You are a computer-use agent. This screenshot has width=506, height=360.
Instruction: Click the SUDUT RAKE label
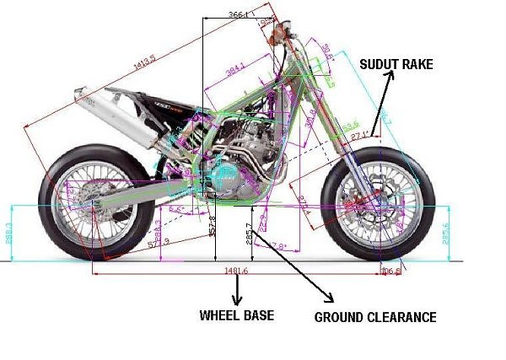[396, 64]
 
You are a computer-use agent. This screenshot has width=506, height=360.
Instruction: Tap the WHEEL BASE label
[236, 316]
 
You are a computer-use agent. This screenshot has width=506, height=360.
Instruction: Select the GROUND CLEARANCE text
[375, 318]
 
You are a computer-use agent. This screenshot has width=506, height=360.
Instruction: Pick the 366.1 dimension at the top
[239, 15]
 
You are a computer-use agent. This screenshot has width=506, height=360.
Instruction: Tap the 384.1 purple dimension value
[235, 67]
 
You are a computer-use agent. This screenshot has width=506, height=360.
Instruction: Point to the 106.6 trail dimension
[389, 271]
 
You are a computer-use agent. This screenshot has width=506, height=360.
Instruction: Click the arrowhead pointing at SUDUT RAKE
[393, 74]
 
